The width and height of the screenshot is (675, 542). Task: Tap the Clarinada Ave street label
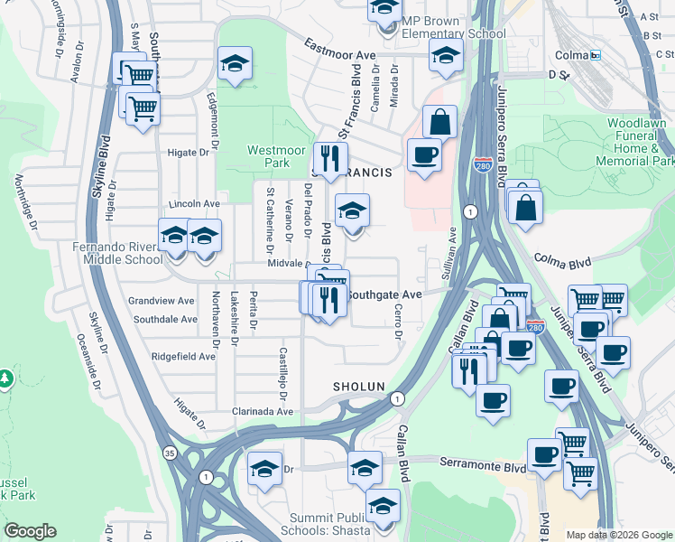click(260, 411)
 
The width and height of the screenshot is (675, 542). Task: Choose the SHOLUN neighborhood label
click(359, 386)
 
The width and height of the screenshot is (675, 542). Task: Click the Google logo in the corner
click(30, 531)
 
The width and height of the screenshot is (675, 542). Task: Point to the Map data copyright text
click(619, 535)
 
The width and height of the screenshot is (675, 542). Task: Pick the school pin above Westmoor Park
click(235, 63)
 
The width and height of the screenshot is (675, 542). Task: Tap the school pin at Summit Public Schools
click(383, 505)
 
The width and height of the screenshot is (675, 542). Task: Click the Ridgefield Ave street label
click(183, 356)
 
